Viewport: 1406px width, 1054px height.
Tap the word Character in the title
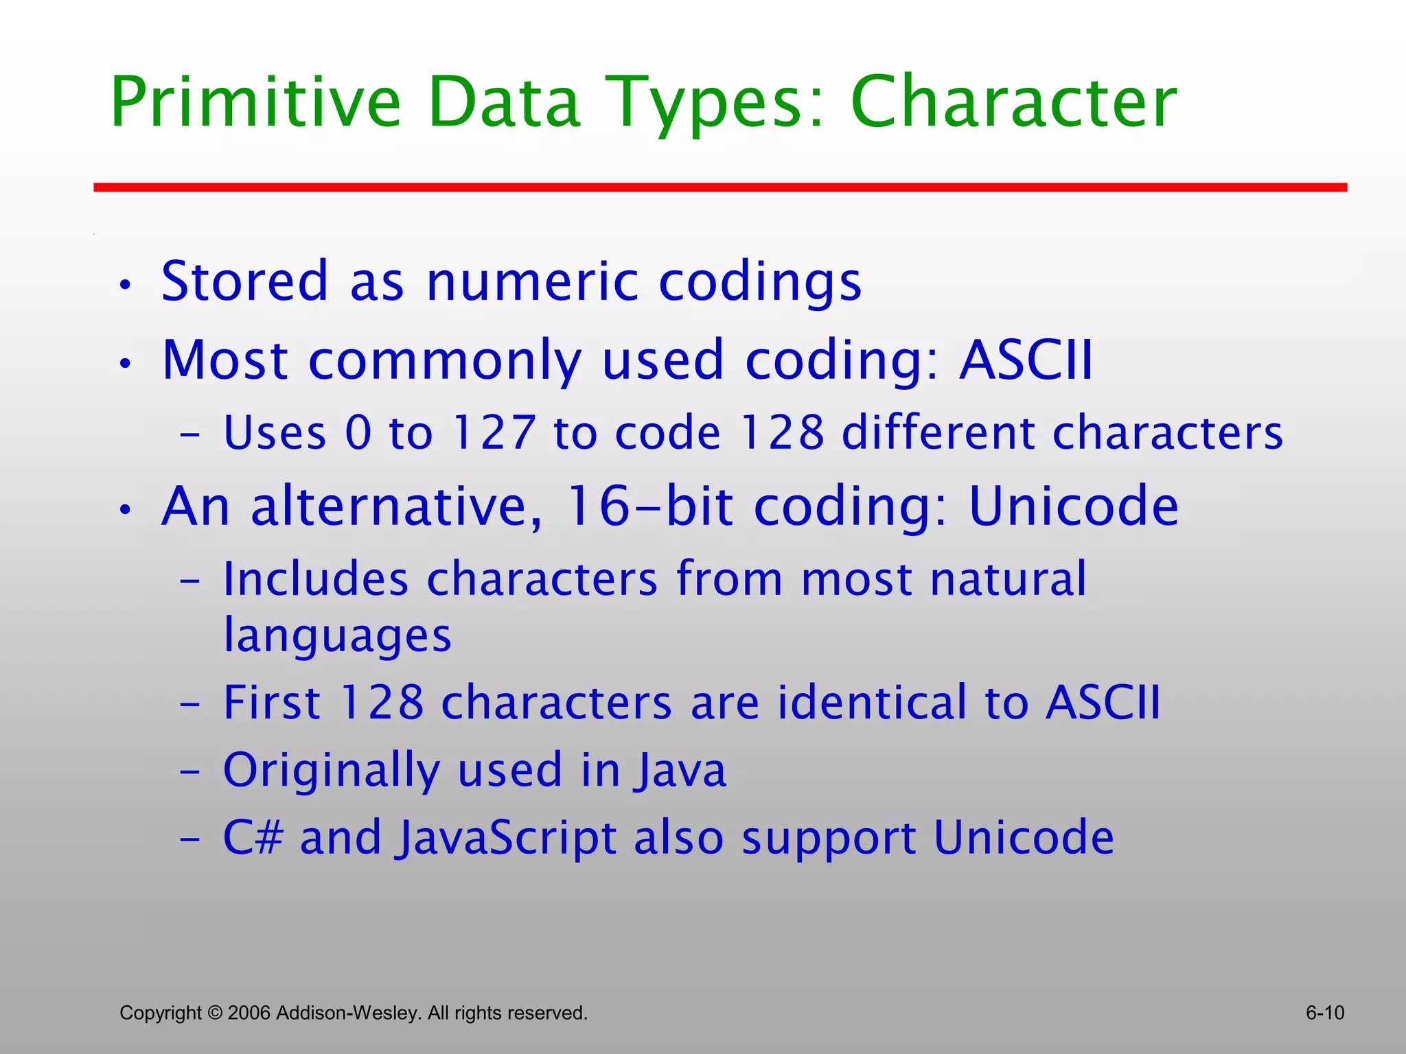point(1013,103)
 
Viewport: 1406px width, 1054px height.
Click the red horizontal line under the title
point(720,187)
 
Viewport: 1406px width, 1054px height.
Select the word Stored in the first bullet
point(244,281)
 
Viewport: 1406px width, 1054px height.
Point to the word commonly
point(445,361)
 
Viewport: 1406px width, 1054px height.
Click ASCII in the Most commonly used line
point(1026,360)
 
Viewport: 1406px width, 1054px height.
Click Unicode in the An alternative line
point(1073,506)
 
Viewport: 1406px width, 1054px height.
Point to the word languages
point(338,635)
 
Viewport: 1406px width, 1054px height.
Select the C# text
point(253,838)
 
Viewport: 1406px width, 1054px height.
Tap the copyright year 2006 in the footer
point(249,1013)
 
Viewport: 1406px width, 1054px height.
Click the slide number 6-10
point(1324,1013)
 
